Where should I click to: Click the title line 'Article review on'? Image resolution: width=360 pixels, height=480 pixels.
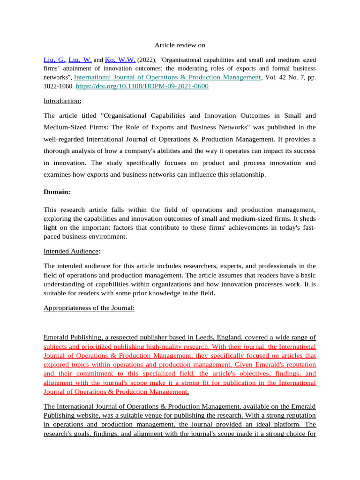[x=180, y=45]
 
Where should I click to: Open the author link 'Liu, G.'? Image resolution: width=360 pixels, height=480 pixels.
[x=55, y=60]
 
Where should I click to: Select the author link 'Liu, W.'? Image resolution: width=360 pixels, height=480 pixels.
[x=80, y=60]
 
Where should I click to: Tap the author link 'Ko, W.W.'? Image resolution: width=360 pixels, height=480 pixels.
[x=120, y=60]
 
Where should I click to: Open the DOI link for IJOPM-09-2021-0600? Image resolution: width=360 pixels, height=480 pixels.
[x=142, y=86]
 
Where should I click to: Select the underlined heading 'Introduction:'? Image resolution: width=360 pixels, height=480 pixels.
[x=62, y=101]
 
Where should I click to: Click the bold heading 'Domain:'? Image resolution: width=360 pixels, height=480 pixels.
[x=58, y=191]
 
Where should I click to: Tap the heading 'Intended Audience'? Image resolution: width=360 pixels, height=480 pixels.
[x=71, y=251]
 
